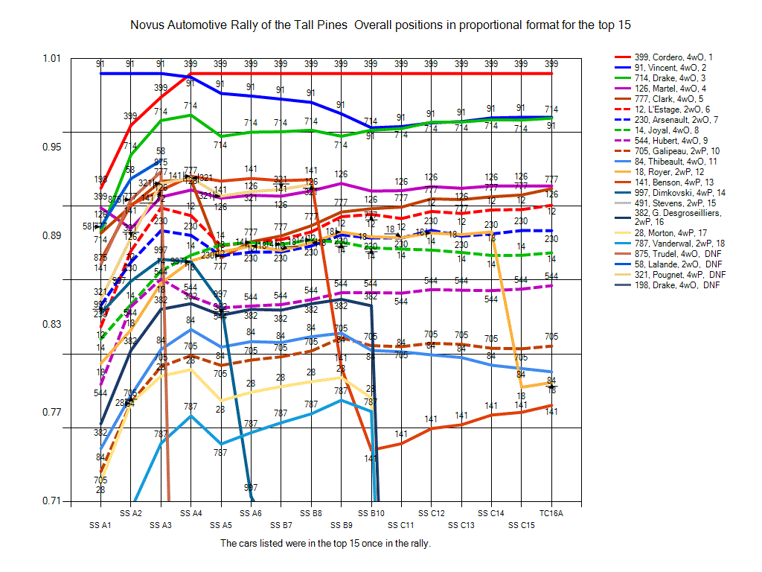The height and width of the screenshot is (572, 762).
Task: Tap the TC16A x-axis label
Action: click(551, 513)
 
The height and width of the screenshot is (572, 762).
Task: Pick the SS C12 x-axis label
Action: click(431, 513)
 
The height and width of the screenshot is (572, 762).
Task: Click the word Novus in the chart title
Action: click(147, 25)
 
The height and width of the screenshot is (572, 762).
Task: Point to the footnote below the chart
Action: click(326, 543)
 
